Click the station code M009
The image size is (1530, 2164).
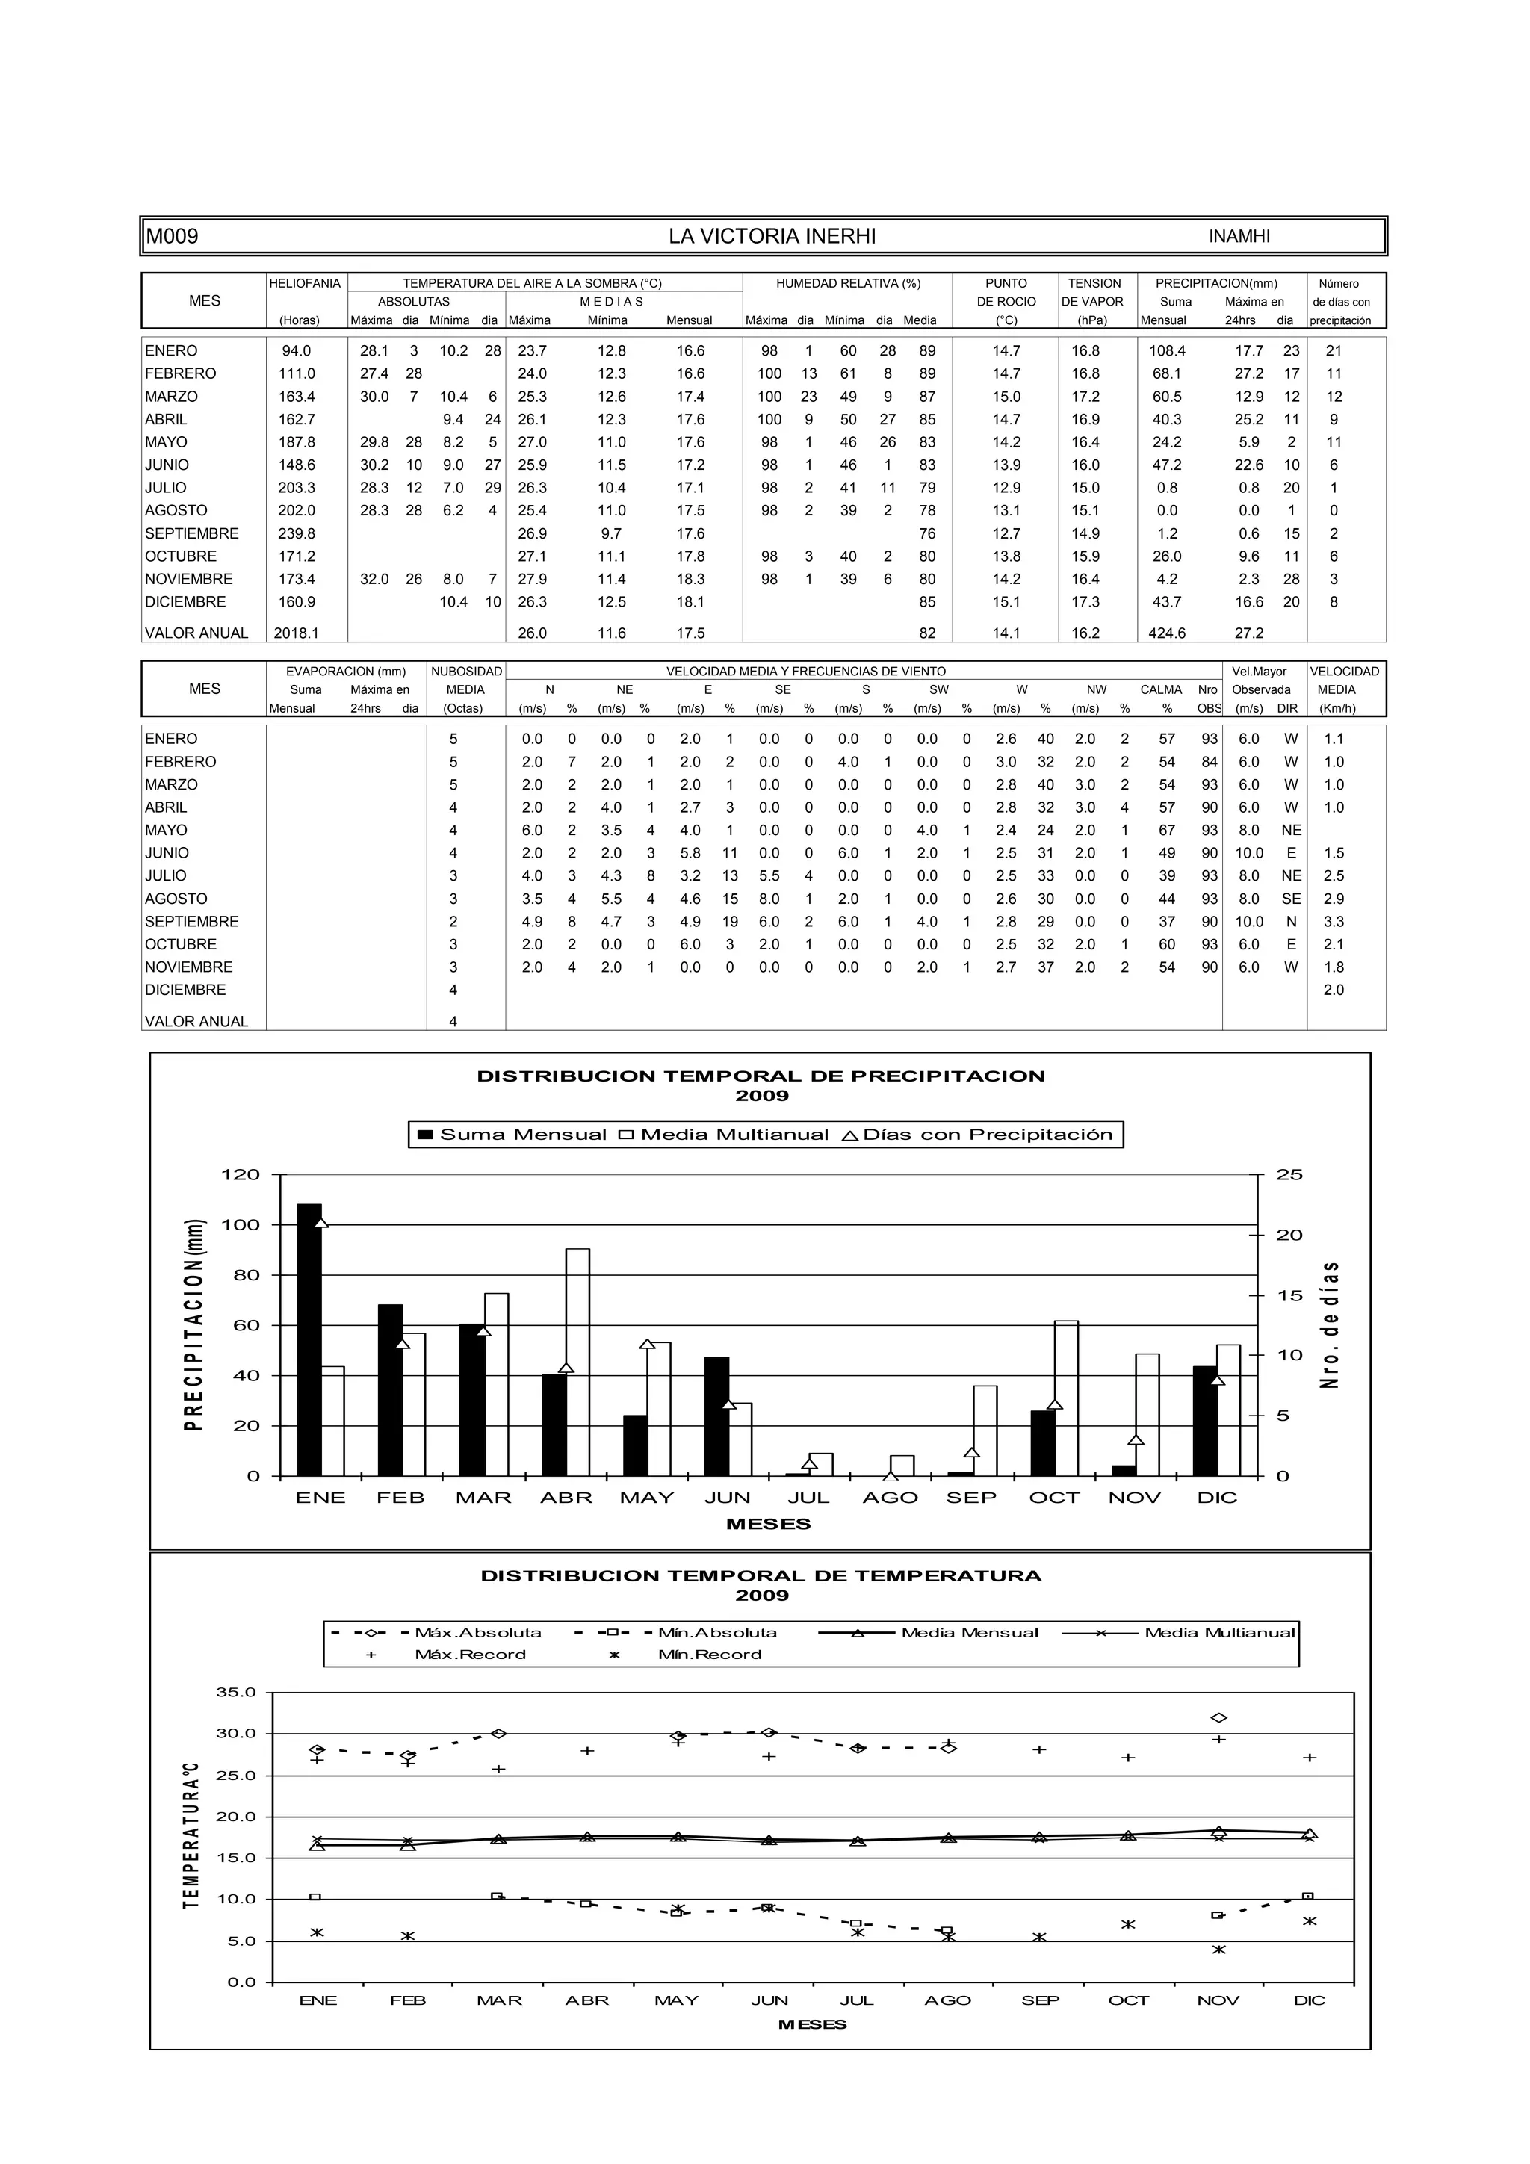(173, 237)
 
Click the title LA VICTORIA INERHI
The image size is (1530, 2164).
(771, 237)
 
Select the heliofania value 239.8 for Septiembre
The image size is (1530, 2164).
(296, 533)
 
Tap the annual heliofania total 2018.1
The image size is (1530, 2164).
(296, 633)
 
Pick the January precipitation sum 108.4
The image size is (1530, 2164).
(1166, 350)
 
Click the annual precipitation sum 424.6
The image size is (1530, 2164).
(1166, 633)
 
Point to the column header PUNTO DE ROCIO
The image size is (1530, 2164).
(1005, 292)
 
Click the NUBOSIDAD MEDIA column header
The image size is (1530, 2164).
(465, 680)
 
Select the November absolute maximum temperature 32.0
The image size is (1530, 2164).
(374, 580)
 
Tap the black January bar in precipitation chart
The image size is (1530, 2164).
(309, 1339)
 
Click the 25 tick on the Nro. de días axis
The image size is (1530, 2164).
(1289, 1174)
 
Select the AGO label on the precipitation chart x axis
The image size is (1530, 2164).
(890, 1498)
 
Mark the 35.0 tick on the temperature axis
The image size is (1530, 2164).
(237, 1692)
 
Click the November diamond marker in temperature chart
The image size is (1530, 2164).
(1219, 1718)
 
